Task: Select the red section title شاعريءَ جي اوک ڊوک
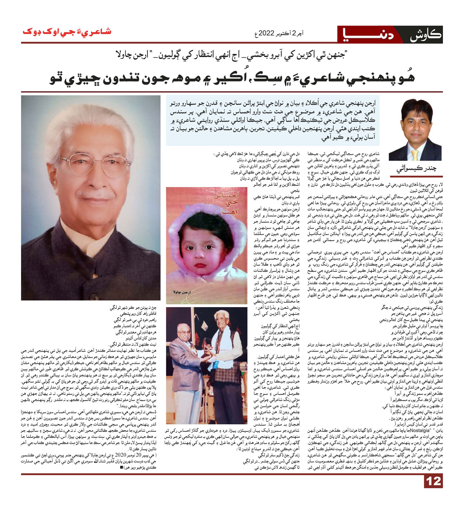(67, 32)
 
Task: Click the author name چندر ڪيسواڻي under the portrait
(416, 169)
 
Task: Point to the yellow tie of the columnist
(415, 154)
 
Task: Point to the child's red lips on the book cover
(200, 265)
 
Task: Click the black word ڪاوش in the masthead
(425, 35)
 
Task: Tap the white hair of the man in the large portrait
(90, 124)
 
